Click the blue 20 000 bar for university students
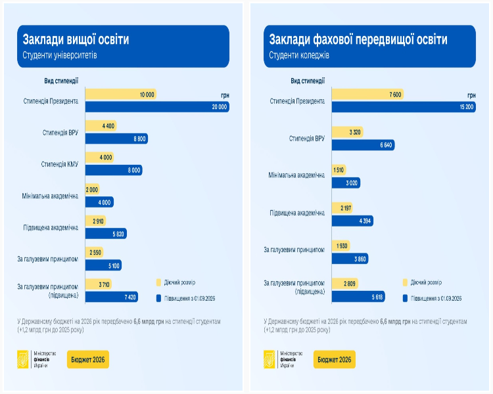[x=157, y=106]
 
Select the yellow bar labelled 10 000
[x=121, y=95]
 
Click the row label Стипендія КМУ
[x=59, y=164]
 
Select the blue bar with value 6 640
[x=363, y=144]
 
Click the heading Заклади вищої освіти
[x=76, y=39]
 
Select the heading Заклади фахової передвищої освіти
[x=358, y=39]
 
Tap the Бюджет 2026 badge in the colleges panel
[x=335, y=359]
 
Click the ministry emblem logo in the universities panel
[x=23, y=359]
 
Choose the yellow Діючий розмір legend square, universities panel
[x=158, y=282]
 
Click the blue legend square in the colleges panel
[x=405, y=297]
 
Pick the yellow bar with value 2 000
[x=93, y=189]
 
